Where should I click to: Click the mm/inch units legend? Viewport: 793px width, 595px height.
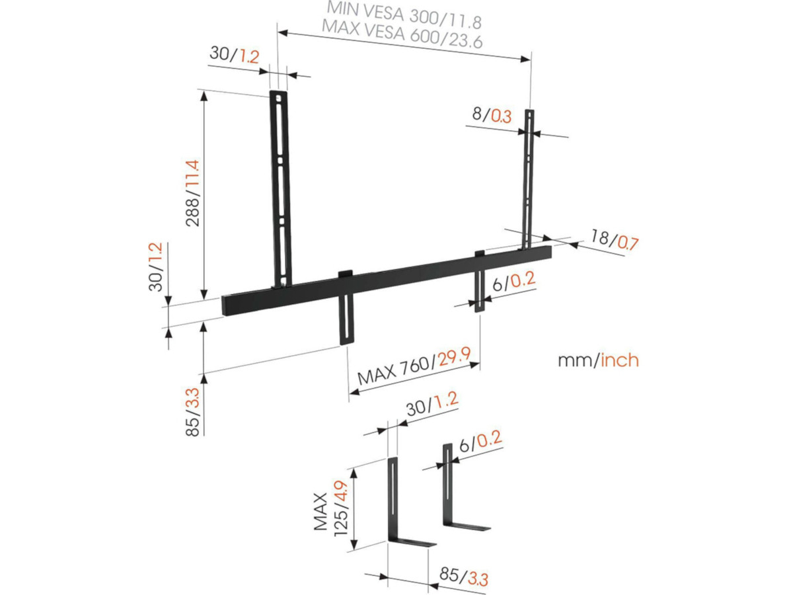click(598, 360)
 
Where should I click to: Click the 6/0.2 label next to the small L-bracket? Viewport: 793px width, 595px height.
click(481, 442)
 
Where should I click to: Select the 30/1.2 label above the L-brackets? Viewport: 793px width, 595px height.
click(432, 404)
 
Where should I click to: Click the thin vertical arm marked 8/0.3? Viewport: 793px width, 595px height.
click(528, 178)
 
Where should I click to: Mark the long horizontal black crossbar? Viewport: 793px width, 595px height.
click(387, 278)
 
